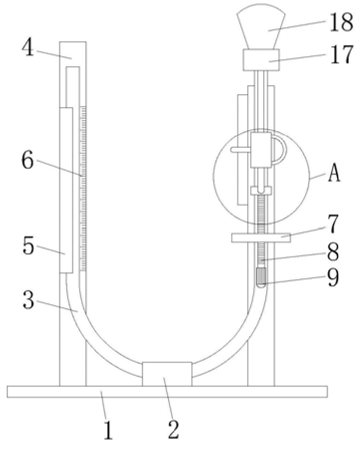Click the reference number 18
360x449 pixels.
(342, 22)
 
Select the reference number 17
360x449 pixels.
(342, 54)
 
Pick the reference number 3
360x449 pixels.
(28, 300)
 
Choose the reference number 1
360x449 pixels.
(108, 430)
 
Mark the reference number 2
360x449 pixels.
(174, 430)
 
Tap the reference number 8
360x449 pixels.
(333, 252)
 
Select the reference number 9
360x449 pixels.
(333, 277)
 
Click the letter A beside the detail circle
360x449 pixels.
(334, 174)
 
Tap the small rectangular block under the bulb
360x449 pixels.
(261, 60)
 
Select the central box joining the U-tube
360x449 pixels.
(167, 374)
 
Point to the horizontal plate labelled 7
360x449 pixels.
(261, 237)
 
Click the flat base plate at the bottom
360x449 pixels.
(168, 392)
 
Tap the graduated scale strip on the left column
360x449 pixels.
(83, 189)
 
